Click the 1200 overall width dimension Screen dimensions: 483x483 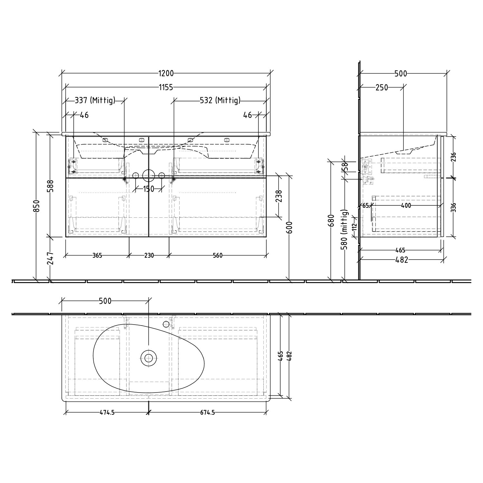(166, 73)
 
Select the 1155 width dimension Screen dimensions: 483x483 (166, 87)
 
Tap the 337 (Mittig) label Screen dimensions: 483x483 (95, 100)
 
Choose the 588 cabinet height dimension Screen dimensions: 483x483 (51, 186)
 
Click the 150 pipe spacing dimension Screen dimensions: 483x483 (148, 189)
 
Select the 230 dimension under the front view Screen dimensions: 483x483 (149, 256)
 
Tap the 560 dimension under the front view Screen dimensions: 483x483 (218, 256)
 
